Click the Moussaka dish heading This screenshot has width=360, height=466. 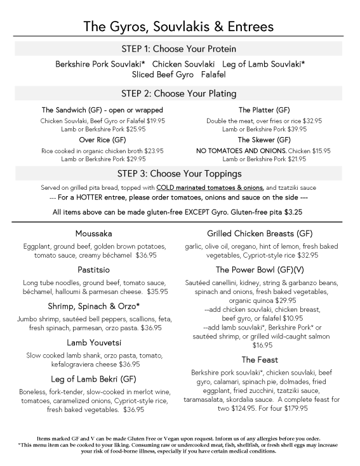93,233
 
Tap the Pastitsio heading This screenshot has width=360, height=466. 93,270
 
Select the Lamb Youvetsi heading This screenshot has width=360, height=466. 93,343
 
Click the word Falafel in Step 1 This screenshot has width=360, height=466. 214,74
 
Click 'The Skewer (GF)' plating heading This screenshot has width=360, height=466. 263,140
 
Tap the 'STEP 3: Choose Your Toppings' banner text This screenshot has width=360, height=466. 180,173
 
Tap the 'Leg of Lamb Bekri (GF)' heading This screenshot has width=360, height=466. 93,379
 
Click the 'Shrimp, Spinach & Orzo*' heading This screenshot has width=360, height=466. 93,306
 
